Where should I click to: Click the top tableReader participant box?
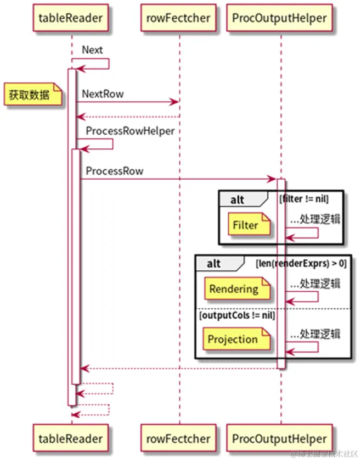tap(71, 18)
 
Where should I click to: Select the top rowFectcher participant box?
tap(179, 18)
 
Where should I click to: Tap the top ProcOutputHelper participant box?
tap(279, 18)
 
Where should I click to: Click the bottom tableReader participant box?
tap(71, 438)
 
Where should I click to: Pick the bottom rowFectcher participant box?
tap(179, 438)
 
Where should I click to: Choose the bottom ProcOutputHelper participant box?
tap(279, 438)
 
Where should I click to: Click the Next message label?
tap(92, 49)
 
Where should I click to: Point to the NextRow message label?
tap(103, 94)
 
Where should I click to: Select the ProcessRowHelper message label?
tap(130, 131)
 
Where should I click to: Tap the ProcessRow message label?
tap(114, 171)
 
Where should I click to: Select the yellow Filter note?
tap(245, 225)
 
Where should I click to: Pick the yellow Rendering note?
tap(234, 289)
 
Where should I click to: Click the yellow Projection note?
tap(233, 339)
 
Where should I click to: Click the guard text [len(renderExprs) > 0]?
tap(301, 263)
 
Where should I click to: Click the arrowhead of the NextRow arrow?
tap(176, 102)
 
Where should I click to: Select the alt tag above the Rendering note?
tap(214, 264)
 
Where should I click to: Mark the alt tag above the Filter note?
tap(238, 199)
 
